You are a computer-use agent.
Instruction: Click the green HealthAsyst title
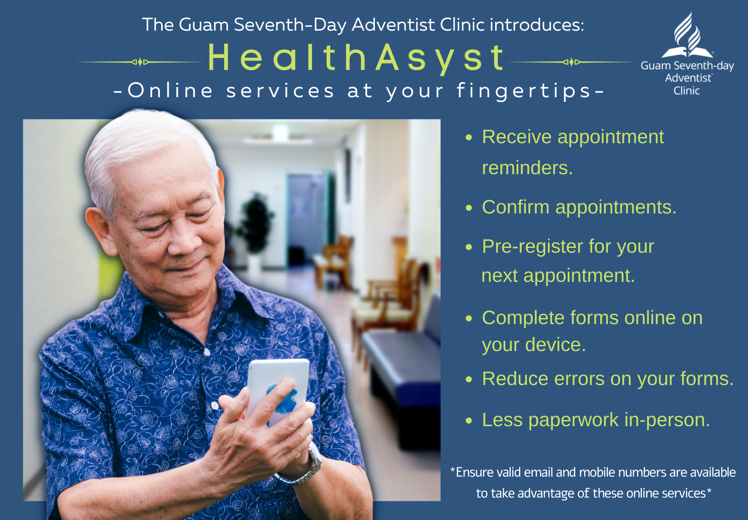[356, 58]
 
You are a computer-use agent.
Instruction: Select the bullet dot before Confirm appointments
[469, 208]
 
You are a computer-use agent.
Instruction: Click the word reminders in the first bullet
[527, 168]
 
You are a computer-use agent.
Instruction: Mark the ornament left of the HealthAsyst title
[140, 62]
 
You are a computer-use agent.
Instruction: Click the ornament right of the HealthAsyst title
[571, 62]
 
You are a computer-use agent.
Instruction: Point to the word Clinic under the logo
[687, 91]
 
